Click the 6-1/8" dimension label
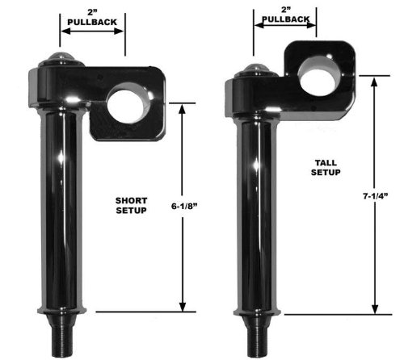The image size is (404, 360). [x=184, y=207]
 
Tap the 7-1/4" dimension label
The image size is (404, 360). [x=376, y=196]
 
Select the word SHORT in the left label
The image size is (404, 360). [x=131, y=200]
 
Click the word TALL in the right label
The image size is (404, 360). [x=326, y=163]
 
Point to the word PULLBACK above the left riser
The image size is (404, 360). [x=92, y=22]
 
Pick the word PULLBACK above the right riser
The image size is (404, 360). [x=286, y=19]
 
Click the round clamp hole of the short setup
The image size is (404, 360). [x=128, y=104]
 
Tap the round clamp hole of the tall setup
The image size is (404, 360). [x=318, y=76]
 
